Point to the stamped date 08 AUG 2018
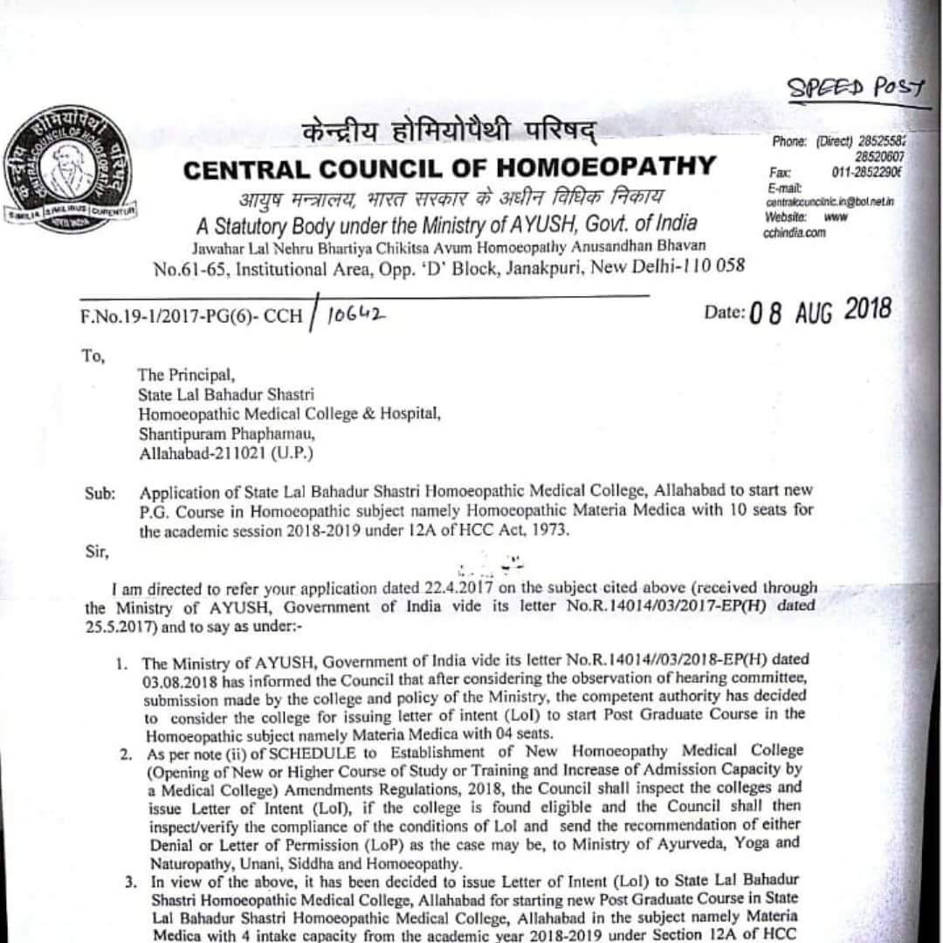click(x=820, y=311)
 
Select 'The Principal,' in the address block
click(x=186, y=376)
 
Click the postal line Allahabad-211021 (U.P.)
click(x=225, y=453)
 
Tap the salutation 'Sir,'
click(x=96, y=551)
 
